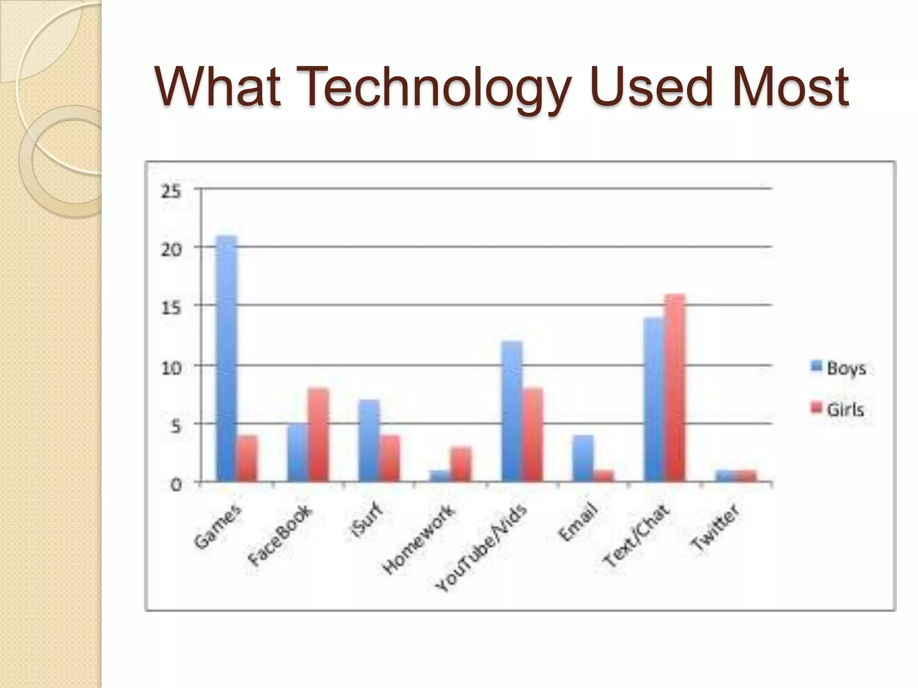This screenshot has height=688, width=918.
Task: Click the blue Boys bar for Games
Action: (226, 358)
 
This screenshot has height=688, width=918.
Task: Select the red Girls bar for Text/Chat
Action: (675, 388)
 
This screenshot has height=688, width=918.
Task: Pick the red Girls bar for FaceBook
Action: (318, 434)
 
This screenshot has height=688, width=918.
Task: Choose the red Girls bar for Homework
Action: (461, 464)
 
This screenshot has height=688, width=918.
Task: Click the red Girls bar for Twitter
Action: (746, 476)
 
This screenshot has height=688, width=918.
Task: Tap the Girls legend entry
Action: (838, 409)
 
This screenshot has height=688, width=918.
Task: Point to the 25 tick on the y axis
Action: (171, 192)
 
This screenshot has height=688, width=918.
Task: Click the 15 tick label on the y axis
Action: (171, 308)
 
